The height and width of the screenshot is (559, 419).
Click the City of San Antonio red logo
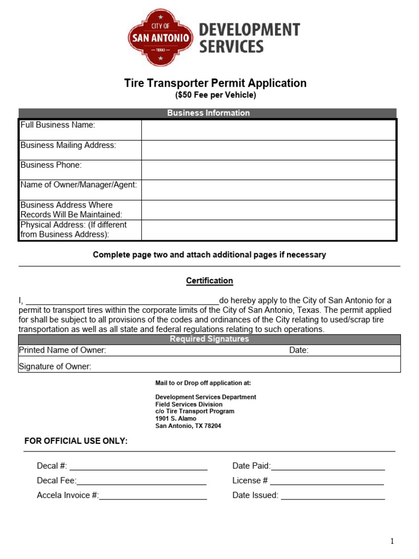[160, 38]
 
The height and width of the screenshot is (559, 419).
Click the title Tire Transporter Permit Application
[216, 83]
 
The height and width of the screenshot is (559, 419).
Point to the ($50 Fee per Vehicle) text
[216, 96]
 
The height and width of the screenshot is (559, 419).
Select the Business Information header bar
[208, 113]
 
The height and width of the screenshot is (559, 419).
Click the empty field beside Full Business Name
[268, 130]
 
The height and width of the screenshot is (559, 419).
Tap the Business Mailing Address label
[68, 145]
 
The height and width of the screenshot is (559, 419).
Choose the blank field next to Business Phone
[268, 170]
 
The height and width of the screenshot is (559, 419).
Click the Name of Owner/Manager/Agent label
[79, 185]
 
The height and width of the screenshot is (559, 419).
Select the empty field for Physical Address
[268, 230]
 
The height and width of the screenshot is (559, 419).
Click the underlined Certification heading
[209, 281]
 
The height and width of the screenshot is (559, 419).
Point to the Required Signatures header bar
[209, 339]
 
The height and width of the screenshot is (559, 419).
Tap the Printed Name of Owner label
[63, 350]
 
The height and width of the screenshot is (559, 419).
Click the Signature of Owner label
[55, 367]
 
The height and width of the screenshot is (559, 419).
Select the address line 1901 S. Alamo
[176, 419]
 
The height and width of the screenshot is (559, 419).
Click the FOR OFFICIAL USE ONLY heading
[76, 441]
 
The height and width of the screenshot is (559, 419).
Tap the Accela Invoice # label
[68, 496]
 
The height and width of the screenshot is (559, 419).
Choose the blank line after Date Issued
[332, 496]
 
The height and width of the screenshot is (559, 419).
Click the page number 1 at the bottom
[392, 541]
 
